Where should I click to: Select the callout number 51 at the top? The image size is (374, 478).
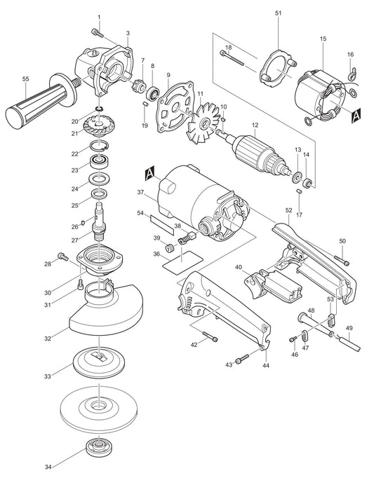pyautogui.click(x=278, y=13)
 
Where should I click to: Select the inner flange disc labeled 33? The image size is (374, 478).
pyautogui.click(x=98, y=362)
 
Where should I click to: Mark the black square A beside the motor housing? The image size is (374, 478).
pyautogui.click(x=149, y=170)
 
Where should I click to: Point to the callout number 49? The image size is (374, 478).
pyautogui.click(x=349, y=328)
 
